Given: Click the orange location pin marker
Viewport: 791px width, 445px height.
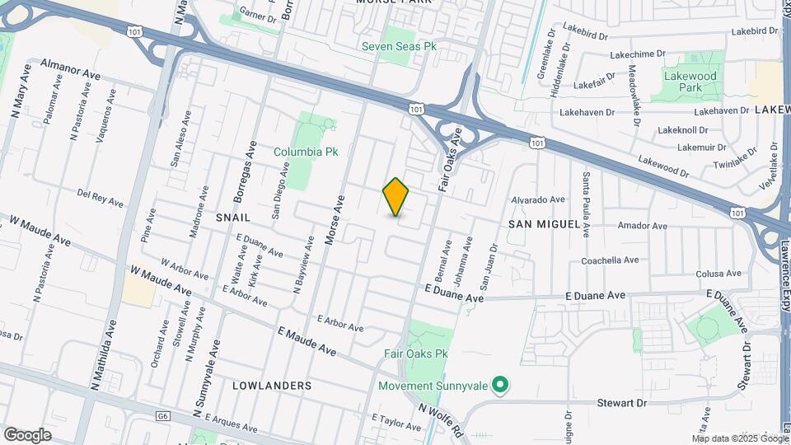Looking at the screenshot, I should pos(395,197).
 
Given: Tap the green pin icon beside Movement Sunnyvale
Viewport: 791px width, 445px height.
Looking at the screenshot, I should pos(498,385).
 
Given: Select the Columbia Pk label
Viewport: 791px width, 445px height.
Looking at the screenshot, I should pos(304,152).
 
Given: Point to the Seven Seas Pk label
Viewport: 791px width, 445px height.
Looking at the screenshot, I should pos(399,46).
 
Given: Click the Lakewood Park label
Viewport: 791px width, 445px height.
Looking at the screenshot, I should pos(690,81).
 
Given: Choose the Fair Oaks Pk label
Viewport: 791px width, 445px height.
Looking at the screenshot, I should pos(415,354).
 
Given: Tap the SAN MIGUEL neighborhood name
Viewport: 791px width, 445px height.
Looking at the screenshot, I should pos(537,223).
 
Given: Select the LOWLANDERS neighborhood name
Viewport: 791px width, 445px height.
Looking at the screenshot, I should pos(272,385).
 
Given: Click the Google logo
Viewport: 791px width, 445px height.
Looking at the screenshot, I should pos(27,434).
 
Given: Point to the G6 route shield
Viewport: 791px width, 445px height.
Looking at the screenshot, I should pos(162,416).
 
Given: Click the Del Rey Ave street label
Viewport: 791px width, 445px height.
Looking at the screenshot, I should pos(100,198).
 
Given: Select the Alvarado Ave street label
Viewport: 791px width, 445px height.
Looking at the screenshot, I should pos(538,199).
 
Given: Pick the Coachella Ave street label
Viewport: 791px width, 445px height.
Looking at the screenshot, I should pos(610,260).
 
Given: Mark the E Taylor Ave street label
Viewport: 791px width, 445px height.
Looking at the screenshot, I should pos(396,423).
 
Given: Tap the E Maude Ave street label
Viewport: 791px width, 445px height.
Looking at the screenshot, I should pos(307,341).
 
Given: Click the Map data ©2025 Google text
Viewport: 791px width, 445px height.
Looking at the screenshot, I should pos(737,437).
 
